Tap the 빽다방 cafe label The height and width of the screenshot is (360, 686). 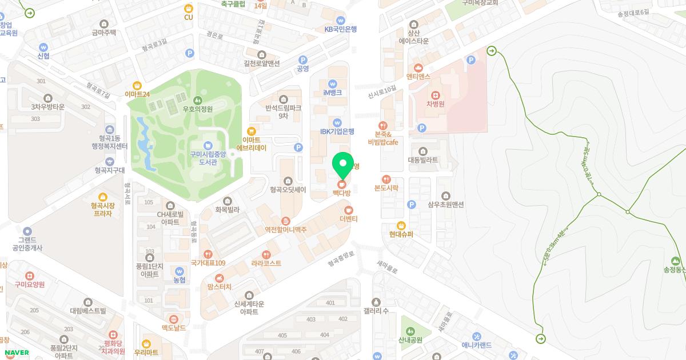(x=342, y=194)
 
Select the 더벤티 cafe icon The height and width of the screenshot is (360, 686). (x=349, y=210)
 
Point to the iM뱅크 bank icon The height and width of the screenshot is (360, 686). (x=332, y=83)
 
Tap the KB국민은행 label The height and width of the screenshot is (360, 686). (x=341, y=29)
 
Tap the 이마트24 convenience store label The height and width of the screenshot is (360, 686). (x=137, y=94)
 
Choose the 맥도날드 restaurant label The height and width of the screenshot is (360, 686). (x=173, y=328)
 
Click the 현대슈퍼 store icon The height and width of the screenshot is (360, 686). (x=401, y=225)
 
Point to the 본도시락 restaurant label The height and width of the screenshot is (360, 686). (x=386, y=188)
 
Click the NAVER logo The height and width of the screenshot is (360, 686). (x=17, y=353)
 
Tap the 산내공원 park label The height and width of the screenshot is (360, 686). (x=410, y=340)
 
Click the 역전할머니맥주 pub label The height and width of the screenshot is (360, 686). (x=286, y=230)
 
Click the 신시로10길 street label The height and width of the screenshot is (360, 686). (x=382, y=90)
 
